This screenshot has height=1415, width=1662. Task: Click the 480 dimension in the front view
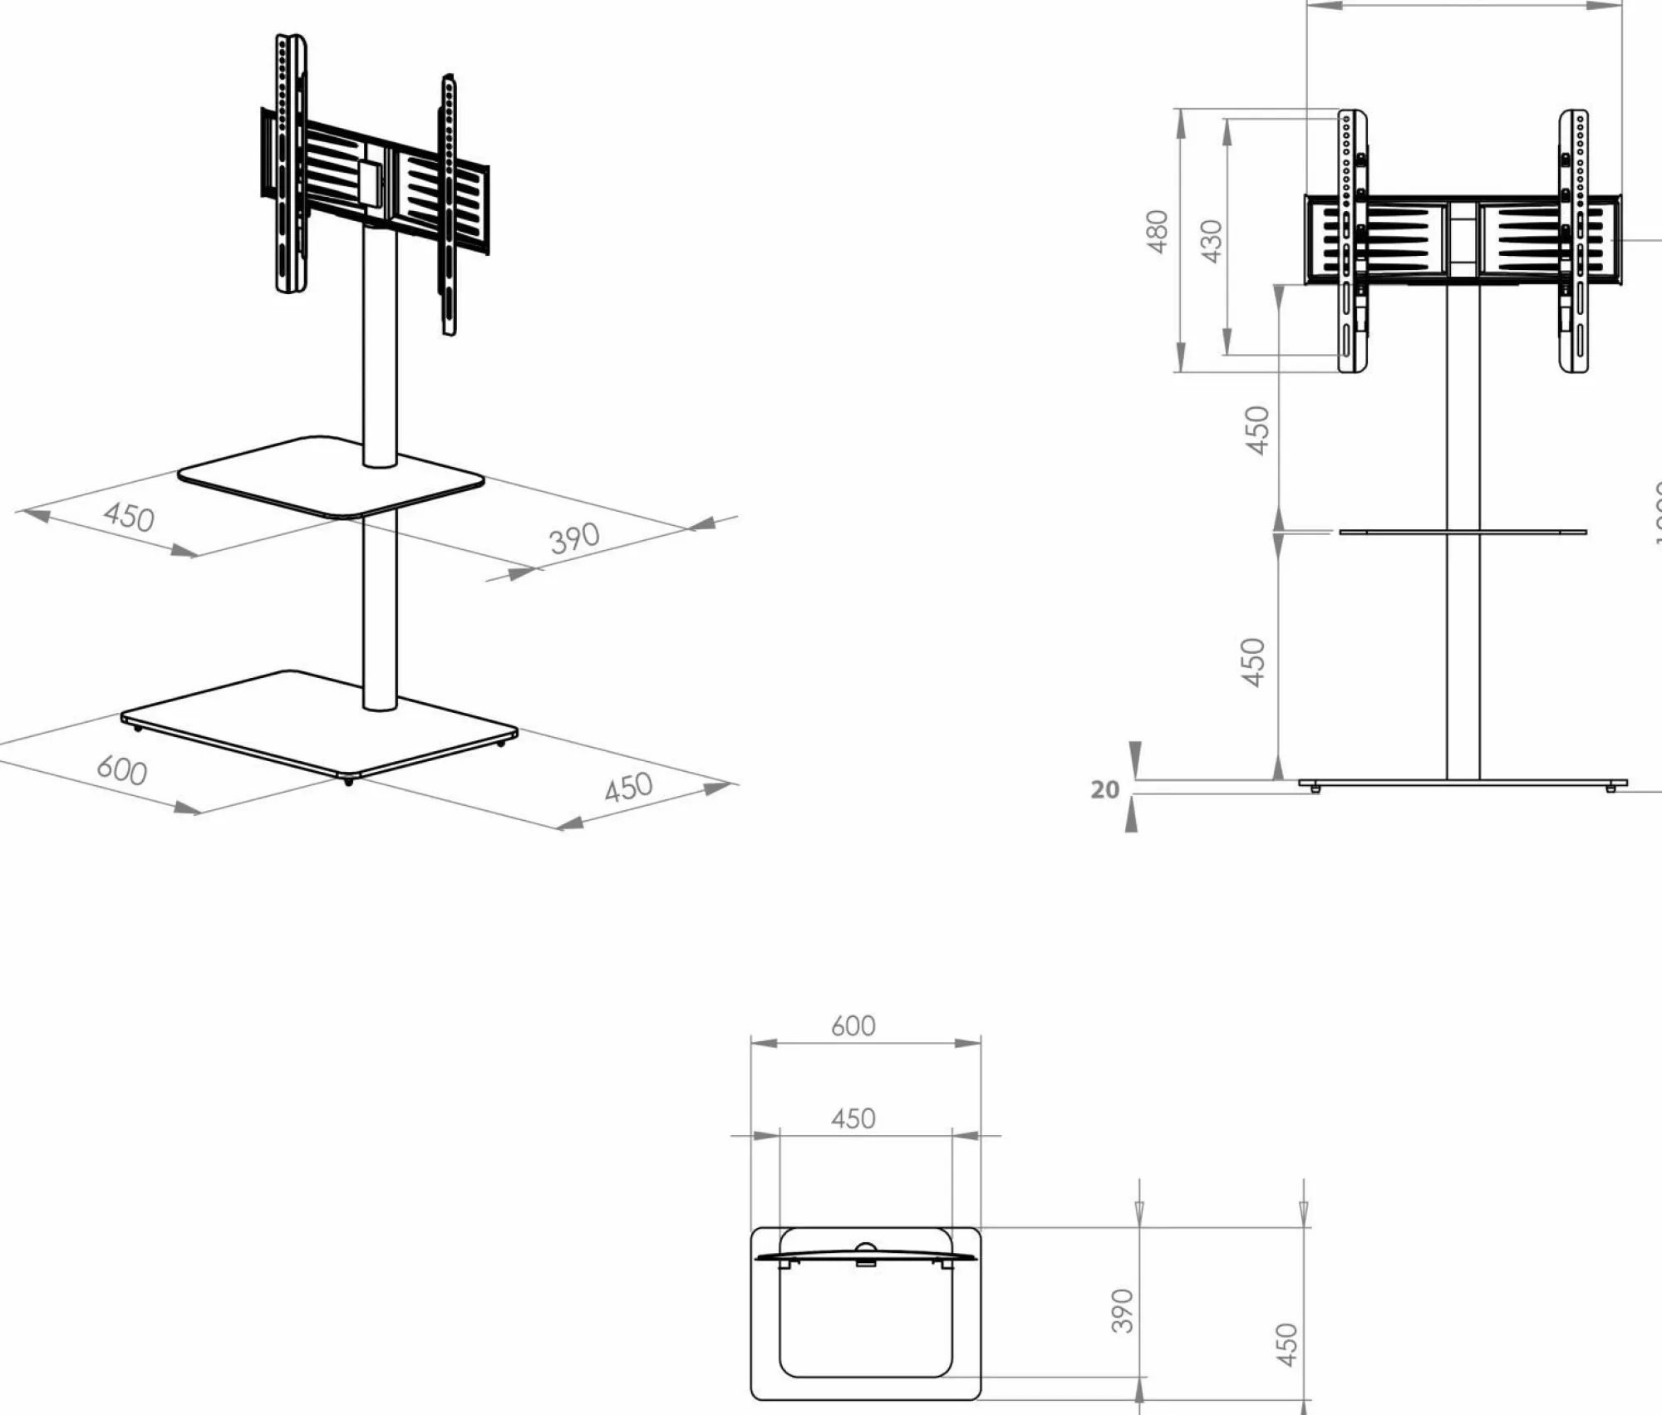(x=1157, y=232)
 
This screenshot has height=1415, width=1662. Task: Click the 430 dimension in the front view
(x=1212, y=241)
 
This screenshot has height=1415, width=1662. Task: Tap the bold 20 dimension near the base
(x=1104, y=789)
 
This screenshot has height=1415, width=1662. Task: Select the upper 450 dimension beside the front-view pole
(x=1258, y=430)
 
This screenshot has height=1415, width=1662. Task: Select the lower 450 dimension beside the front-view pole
(x=1253, y=662)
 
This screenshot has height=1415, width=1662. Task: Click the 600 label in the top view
(x=853, y=1026)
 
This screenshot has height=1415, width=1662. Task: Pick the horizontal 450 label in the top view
(x=853, y=1118)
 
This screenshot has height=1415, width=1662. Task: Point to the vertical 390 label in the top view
(x=1122, y=1310)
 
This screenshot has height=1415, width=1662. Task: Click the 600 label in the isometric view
(x=122, y=769)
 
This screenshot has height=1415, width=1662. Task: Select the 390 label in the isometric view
(x=574, y=538)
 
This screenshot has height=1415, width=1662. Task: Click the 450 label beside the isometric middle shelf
(x=129, y=516)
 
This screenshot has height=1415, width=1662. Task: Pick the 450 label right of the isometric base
(x=628, y=787)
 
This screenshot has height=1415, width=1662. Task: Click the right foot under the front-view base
(x=1610, y=788)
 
